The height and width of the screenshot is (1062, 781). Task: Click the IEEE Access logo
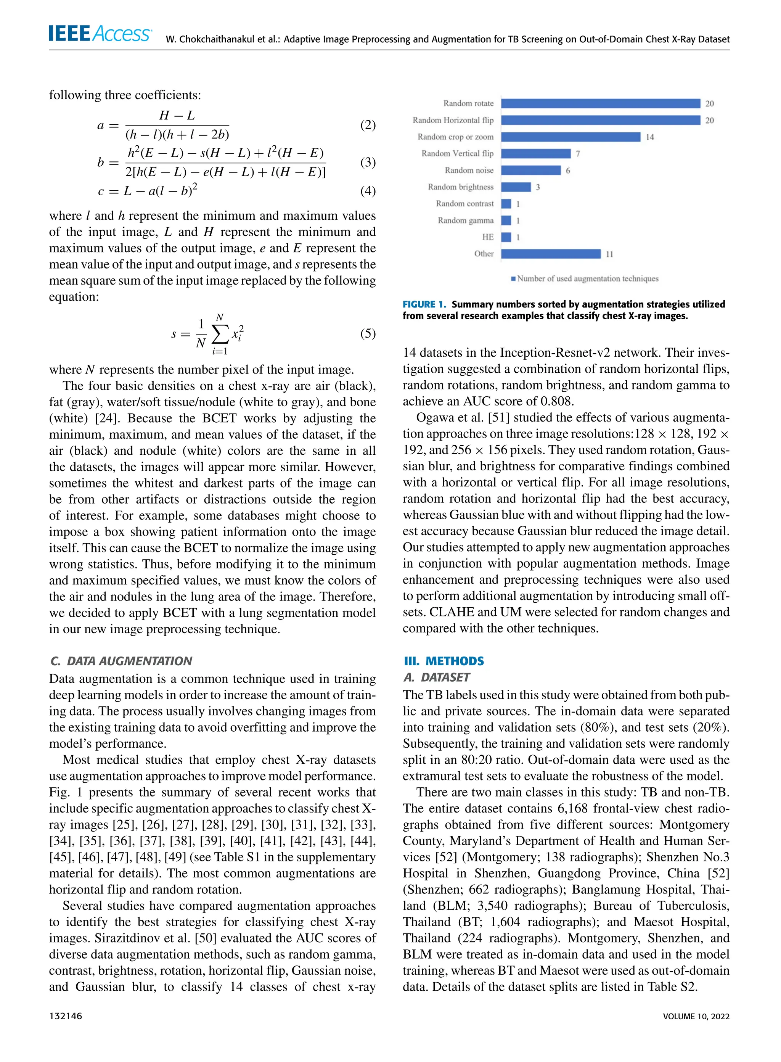(x=100, y=34)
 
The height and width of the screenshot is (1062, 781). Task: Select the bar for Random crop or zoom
(x=570, y=137)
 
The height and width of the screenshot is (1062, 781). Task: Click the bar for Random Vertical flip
(x=536, y=154)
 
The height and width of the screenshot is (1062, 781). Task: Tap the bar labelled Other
(x=550, y=254)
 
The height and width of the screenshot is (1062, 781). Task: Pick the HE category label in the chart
(x=487, y=237)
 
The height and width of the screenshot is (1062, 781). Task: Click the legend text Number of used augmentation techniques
(x=587, y=278)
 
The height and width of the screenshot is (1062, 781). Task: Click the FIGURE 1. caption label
(x=424, y=304)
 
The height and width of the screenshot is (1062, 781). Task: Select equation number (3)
(x=367, y=163)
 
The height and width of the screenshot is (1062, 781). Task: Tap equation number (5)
(x=367, y=334)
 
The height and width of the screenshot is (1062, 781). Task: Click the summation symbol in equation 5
(x=219, y=334)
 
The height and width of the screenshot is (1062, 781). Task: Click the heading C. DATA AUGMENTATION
(x=121, y=661)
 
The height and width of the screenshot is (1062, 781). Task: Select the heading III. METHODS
(x=444, y=661)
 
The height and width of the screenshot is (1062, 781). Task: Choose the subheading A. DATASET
(x=436, y=677)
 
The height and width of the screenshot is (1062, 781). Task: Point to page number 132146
(x=65, y=1016)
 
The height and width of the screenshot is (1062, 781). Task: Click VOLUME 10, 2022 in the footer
(x=696, y=1016)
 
